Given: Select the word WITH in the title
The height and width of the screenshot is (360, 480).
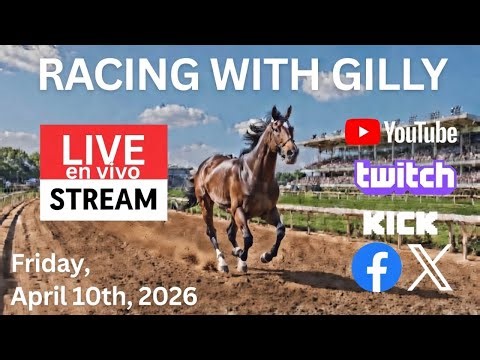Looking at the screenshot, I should [262, 74].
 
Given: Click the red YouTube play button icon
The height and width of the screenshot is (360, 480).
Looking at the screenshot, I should [362, 131].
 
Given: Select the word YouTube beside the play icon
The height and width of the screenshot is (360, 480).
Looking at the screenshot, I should [420, 131].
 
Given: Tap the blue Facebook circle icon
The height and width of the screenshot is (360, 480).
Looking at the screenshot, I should [376, 268].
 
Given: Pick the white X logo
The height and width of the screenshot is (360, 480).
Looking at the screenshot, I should [431, 268].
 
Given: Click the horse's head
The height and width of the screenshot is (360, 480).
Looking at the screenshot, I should [282, 131].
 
